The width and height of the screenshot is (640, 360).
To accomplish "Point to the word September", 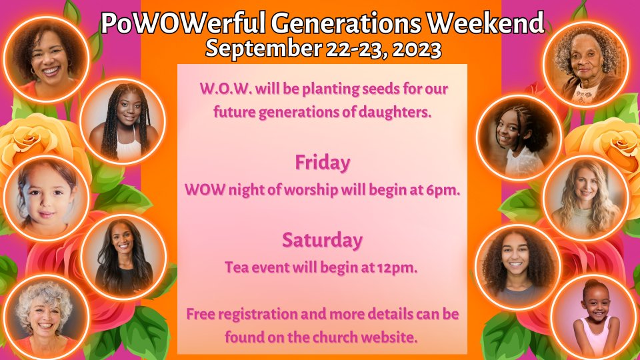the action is coord(263,49).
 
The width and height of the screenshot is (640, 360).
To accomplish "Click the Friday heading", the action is coord(323,163).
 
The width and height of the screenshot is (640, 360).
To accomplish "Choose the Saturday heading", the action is coord(323,239).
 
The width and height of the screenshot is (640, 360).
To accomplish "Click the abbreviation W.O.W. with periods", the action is coord(225,89).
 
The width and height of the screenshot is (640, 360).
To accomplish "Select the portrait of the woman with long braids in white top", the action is coord(123,121).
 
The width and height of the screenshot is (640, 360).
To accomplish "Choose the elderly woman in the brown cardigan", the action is coord(586,65).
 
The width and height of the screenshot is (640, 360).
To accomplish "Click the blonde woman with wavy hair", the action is coord(586,198).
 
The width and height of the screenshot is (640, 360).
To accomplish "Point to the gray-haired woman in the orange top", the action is coord(46,317).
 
